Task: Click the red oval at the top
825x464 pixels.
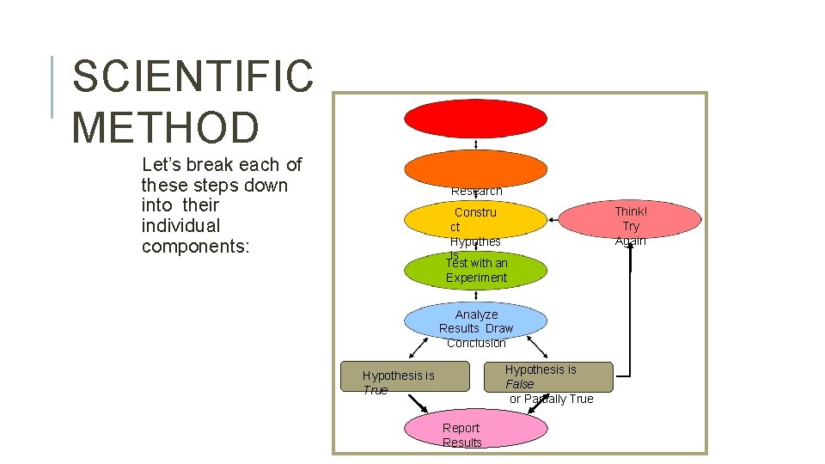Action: pos(475,119)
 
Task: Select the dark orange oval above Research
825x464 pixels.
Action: pos(475,168)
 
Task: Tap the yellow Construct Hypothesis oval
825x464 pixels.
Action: pos(475,220)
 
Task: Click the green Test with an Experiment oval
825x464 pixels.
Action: pos(475,271)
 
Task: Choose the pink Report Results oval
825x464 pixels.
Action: pos(475,428)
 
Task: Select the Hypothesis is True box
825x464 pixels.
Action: pos(405,376)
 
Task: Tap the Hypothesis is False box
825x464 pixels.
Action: pos(559,377)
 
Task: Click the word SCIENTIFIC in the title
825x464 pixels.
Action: pos(193,76)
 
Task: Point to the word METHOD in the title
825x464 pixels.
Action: pos(165,126)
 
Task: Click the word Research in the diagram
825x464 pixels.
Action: pos(476,191)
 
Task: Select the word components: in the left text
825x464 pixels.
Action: pos(195,247)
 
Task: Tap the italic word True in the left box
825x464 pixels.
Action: pos(376,390)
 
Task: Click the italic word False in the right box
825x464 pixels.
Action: pos(519,384)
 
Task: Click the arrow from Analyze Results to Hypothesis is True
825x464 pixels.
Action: pos(420,346)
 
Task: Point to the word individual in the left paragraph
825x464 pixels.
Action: pos(180,226)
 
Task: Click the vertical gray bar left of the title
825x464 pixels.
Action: pos(53,86)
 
